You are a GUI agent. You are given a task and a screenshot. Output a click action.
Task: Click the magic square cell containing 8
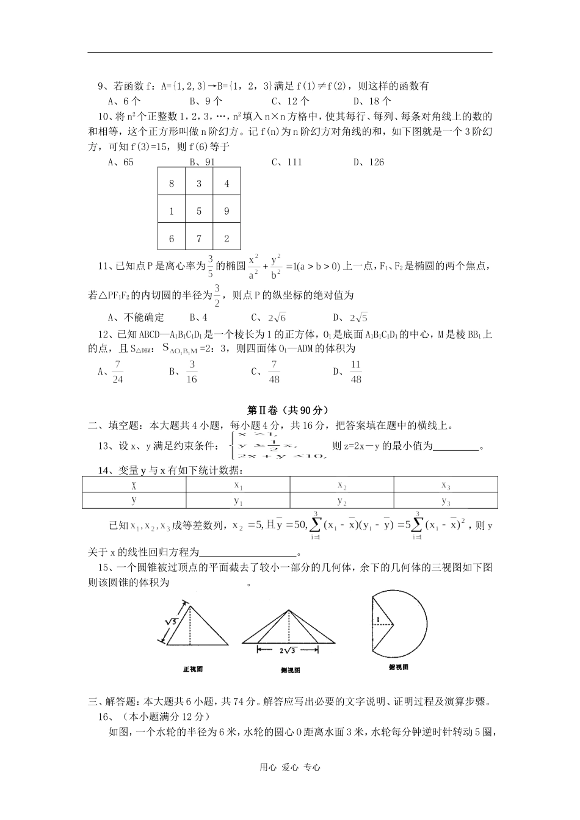click(x=172, y=183)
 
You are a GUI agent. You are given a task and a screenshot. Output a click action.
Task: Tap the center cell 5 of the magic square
click(x=199, y=211)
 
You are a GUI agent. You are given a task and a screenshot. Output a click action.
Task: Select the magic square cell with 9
click(x=227, y=211)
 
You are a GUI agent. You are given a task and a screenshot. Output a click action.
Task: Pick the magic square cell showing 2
click(x=227, y=239)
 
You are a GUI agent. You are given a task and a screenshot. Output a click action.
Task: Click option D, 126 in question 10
click(x=368, y=162)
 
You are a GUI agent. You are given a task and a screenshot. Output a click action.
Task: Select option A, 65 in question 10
click(x=120, y=162)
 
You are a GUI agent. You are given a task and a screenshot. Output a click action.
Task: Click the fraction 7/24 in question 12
click(x=118, y=372)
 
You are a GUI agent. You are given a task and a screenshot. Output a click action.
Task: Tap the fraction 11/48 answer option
click(x=356, y=372)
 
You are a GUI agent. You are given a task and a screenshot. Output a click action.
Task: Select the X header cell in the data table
click(x=134, y=485)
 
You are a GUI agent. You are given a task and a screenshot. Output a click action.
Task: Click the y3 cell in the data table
click(x=445, y=501)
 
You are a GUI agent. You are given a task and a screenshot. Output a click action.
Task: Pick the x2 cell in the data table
click(x=342, y=485)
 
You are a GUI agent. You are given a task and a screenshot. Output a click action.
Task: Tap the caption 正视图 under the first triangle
click(x=193, y=669)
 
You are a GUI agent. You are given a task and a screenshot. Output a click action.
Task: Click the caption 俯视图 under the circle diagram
click(x=398, y=667)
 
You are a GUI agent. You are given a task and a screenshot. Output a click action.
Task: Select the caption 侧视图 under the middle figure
click(x=290, y=670)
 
